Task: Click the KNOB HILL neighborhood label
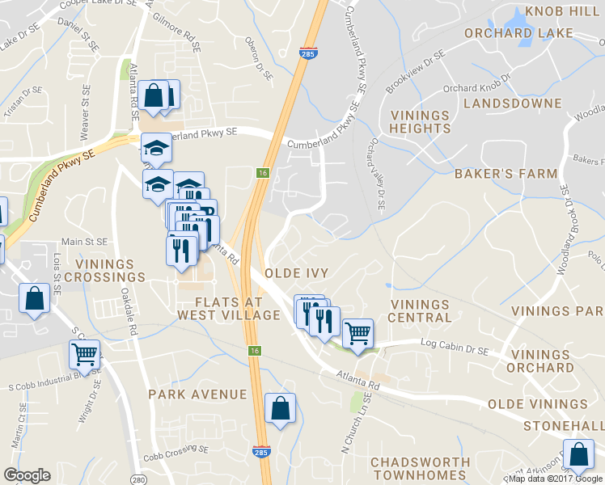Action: click(563, 11)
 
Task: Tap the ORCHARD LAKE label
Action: click(518, 33)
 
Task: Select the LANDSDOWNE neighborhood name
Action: click(512, 103)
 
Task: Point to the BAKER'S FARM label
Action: click(506, 173)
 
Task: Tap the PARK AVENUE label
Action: click(197, 394)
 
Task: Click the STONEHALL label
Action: click(564, 425)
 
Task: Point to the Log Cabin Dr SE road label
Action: click(455, 345)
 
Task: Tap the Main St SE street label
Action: click(85, 241)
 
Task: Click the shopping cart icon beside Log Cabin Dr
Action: click(357, 332)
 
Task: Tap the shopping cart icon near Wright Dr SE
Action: click(85, 353)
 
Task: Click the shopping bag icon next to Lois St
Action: click(35, 299)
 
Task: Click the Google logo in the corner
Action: click(27, 475)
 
